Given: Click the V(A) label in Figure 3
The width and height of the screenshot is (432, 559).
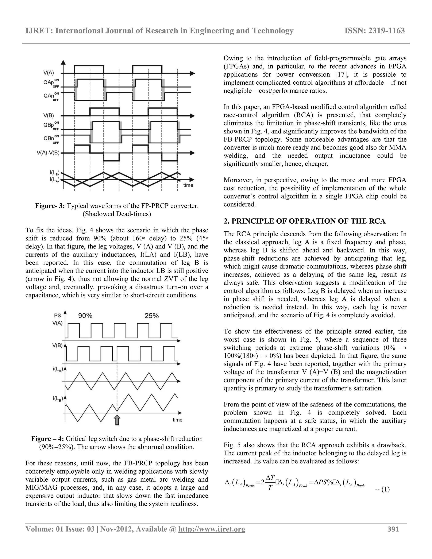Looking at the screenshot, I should pyautogui.click(x=48, y=73).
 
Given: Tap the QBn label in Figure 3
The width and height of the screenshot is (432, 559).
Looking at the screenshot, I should pyautogui.click(x=49, y=138).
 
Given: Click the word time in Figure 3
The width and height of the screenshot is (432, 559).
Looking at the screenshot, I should pyautogui.click(x=188, y=185).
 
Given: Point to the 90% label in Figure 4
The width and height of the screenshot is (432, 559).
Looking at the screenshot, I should pyautogui.click(x=85, y=316).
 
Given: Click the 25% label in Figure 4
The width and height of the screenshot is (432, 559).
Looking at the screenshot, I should pyautogui.click(x=151, y=316).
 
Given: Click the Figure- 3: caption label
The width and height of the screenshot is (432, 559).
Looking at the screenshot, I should pyautogui.click(x=50, y=206).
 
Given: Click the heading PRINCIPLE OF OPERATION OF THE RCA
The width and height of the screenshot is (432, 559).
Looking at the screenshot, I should pyautogui.click(x=305, y=221).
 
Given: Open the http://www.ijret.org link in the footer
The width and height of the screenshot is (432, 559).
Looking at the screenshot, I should pyautogui.click(x=211, y=529).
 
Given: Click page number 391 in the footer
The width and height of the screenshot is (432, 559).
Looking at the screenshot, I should pyautogui.click(x=393, y=529).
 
